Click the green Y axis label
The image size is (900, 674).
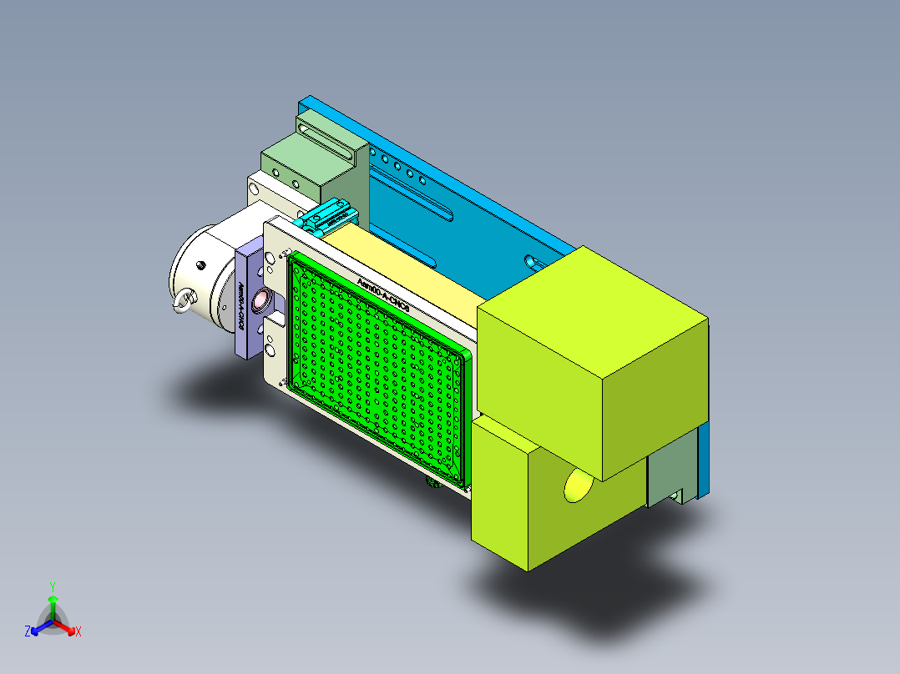tap(52, 586)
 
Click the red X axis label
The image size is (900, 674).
tap(78, 632)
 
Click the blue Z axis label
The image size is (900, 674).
tap(28, 632)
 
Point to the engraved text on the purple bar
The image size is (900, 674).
tap(241, 308)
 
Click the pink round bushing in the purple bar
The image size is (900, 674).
tap(260, 298)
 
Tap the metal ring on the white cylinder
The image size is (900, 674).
tap(183, 304)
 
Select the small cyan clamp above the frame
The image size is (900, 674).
tap(327, 218)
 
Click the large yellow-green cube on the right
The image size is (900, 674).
tap(593, 359)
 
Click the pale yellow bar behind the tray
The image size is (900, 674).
tap(401, 267)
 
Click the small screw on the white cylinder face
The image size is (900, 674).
tap(201, 265)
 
